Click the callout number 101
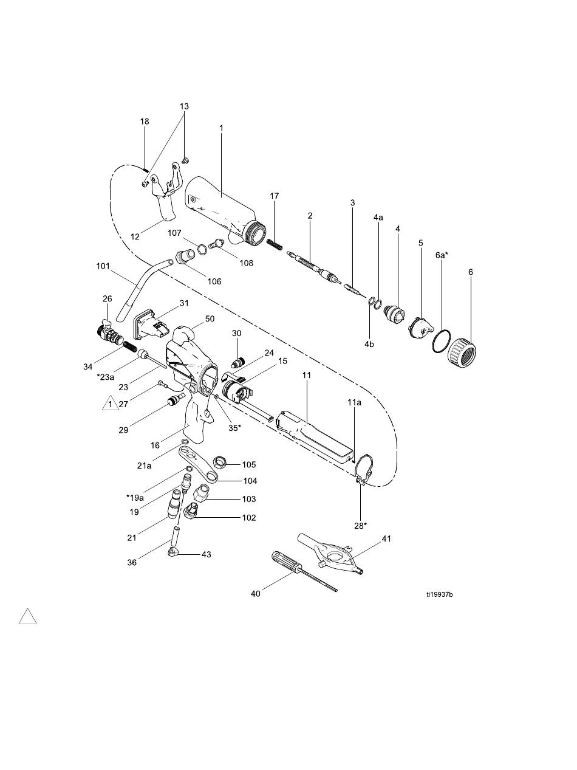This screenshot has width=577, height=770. pyautogui.click(x=103, y=266)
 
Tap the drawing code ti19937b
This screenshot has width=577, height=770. pyautogui.click(x=440, y=594)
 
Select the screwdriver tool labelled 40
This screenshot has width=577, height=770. pyautogui.click(x=304, y=571)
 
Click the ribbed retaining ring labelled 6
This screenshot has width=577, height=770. pyautogui.click(x=462, y=351)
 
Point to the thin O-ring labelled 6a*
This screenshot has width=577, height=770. pyautogui.click(x=442, y=340)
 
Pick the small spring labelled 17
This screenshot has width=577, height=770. pyautogui.click(x=275, y=244)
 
